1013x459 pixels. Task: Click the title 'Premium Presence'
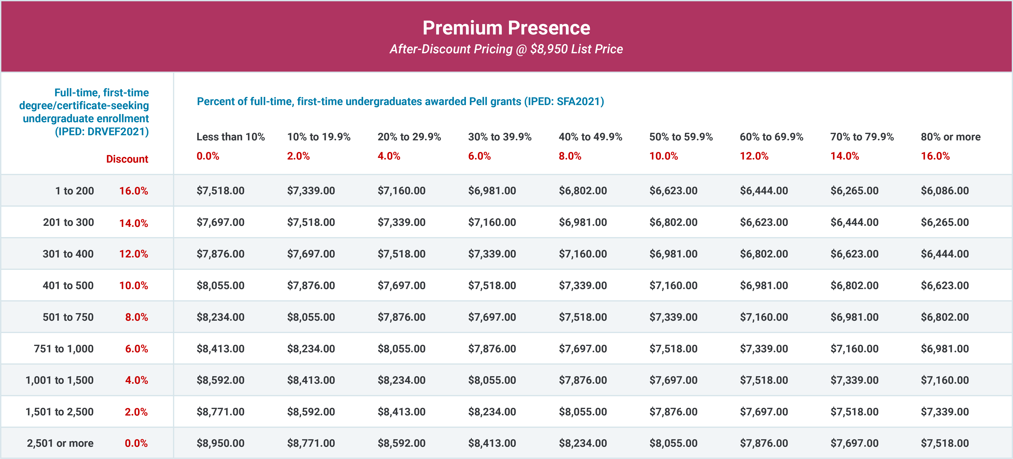(x=506, y=28)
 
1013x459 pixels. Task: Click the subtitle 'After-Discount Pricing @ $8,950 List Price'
(x=506, y=49)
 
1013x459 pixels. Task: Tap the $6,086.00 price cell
(x=944, y=191)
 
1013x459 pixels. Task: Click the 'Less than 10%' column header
(x=230, y=137)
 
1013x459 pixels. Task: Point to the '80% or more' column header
(x=950, y=137)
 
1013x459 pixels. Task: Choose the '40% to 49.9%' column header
(x=590, y=137)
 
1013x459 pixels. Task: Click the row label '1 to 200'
(x=74, y=191)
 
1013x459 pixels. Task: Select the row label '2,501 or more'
(x=60, y=443)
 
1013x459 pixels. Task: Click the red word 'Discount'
(x=127, y=159)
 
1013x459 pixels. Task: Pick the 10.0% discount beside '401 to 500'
(x=134, y=286)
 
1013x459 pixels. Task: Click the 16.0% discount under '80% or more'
(x=935, y=156)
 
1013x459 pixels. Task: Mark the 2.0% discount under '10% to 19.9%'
(x=298, y=156)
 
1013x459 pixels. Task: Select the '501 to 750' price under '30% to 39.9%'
(x=492, y=317)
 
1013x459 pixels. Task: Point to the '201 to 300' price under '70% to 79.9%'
(x=854, y=222)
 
